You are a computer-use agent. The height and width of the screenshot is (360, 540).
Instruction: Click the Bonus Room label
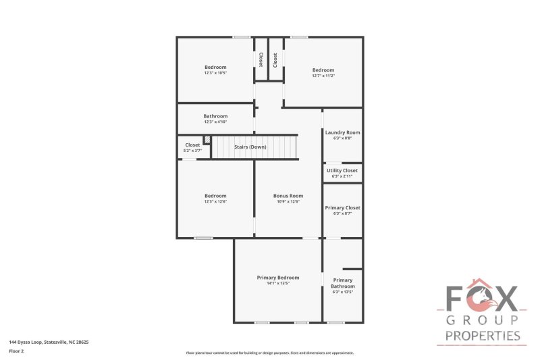[288, 196]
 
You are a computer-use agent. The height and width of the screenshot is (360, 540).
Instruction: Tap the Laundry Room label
[342, 132]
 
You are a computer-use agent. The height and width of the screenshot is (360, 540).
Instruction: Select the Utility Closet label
[342, 171]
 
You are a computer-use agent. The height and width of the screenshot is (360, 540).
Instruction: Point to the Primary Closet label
[342, 208]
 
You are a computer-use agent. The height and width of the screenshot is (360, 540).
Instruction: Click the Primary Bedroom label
[277, 278]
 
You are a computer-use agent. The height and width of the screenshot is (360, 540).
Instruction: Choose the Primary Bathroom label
[342, 283]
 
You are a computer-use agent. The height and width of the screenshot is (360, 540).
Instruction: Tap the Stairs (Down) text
[250, 147]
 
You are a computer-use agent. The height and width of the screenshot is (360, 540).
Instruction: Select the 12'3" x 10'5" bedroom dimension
[215, 73]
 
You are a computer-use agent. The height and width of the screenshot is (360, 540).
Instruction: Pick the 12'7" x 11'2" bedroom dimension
[323, 76]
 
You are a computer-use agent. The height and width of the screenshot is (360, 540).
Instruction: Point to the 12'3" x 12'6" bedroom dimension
[215, 201]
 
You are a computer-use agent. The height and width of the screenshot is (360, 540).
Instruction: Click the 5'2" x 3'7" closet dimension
[192, 150]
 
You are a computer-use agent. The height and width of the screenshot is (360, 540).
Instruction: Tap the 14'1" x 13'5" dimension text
[277, 283]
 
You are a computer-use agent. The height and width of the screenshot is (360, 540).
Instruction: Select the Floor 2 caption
[17, 351]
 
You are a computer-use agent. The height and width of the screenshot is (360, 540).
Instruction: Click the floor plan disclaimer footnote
[269, 353]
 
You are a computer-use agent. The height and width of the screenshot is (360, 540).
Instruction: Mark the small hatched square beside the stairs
[207, 140]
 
